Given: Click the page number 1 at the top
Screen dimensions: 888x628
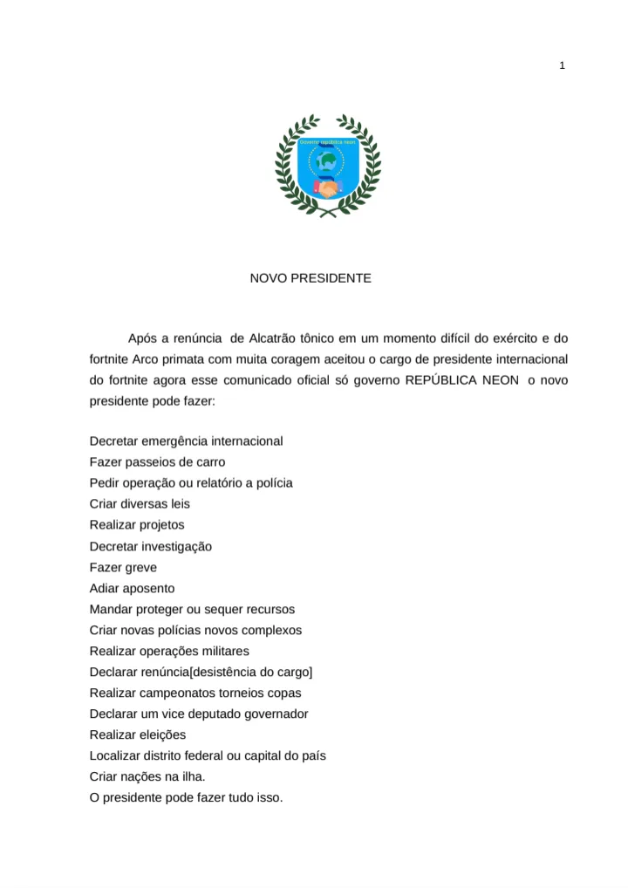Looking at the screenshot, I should pyautogui.click(x=563, y=65).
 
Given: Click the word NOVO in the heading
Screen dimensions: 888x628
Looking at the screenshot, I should pyautogui.click(x=269, y=278).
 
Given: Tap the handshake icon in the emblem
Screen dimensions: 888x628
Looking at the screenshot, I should pyautogui.click(x=327, y=188).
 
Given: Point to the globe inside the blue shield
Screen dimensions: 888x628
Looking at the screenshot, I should pyautogui.click(x=327, y=161).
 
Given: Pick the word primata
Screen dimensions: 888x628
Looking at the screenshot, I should pyautogui.click(x=189, y=359).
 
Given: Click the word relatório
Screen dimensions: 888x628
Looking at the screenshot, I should pyautogui.click(x=224, y=482).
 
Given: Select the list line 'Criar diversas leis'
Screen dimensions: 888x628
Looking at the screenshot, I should pyautogui.click(x=140, y=503).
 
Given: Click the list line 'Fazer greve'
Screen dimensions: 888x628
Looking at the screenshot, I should pyautogui.click(x=123, y=567).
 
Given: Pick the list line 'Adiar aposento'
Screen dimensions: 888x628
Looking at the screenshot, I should pyautogui.click(x=132, y=588).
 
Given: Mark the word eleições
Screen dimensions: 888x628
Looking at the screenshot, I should pyautogui.click(x=162, y=734).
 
